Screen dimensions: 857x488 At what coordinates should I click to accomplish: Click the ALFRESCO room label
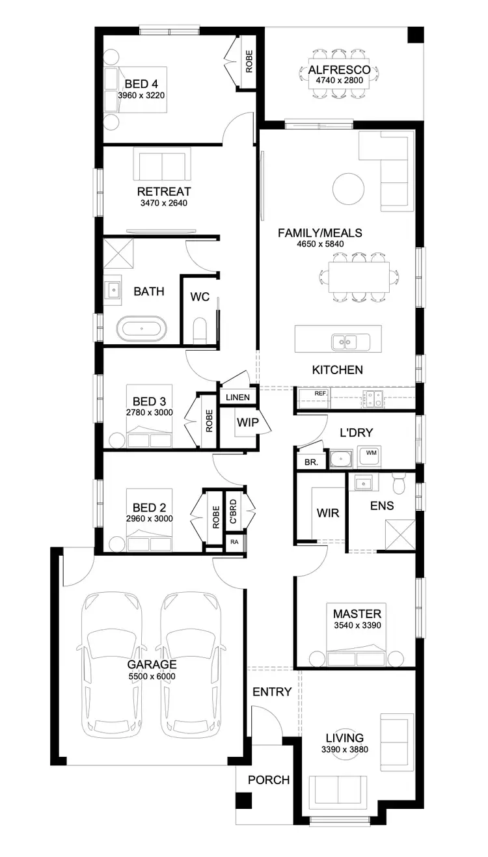tap(339, 70)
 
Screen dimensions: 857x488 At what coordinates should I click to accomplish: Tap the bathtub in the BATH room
tap(141, 329)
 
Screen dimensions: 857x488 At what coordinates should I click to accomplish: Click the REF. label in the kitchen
tap(320, 394)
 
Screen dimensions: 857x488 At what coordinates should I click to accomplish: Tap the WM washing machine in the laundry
tap(371, 453)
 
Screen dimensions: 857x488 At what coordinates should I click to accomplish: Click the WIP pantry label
tap(247, 422)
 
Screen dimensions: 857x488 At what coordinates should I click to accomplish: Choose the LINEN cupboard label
tap(235, 398)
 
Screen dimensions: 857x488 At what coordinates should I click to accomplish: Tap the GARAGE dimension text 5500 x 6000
tap(152, 676)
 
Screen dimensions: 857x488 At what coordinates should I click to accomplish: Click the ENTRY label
tap(272, 692)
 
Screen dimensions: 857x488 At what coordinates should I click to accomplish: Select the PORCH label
tap(269, 780)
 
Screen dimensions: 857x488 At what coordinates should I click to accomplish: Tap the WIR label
tap(328, 513)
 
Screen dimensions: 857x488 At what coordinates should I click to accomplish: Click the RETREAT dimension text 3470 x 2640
tap(164, 203)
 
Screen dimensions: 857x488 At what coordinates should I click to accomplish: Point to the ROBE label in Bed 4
tap(249, 61)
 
